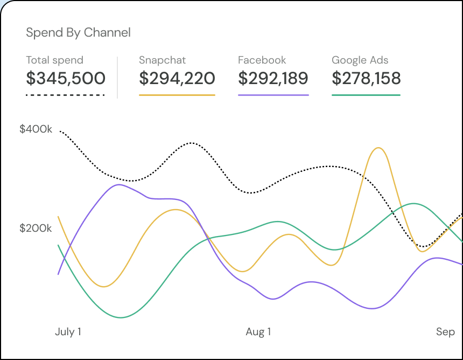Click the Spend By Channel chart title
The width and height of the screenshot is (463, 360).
click(x=78, y=32)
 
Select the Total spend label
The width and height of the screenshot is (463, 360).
click(x=54, y=60)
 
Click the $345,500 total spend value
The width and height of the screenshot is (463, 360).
click(x=66, y=79)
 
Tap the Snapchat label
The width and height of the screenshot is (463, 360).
click(x=162, y=60)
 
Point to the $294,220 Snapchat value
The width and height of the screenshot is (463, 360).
click(x=177, y=79)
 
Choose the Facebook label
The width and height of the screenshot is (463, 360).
click(x=262, y=60)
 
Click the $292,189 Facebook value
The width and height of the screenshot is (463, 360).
click(x=273, y=79)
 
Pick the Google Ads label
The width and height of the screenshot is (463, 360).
click(x=360, y=60)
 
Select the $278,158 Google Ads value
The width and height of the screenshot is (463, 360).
click(x=366, y=79)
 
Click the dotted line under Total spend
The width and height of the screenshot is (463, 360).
click(x=65, y=95)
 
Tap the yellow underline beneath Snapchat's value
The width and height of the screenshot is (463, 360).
click(x=177, y=95)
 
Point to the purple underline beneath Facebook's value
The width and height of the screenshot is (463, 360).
click(x=273, y=95)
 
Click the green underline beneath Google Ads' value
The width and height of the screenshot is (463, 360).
click(x=366, y=95)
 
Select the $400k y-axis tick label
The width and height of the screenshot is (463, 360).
click(x=36, y=129)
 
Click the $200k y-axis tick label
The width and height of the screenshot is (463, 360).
click(x=36, y=229)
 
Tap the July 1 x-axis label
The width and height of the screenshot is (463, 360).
click(x=68, y=332)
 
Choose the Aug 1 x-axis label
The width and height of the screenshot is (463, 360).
click(x=258, y=332)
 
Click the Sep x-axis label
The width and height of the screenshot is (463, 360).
click(x=445, y=332)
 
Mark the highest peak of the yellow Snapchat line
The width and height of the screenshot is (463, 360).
click(x=379, y=148)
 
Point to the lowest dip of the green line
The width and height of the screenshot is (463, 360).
click(x=121, y=317)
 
